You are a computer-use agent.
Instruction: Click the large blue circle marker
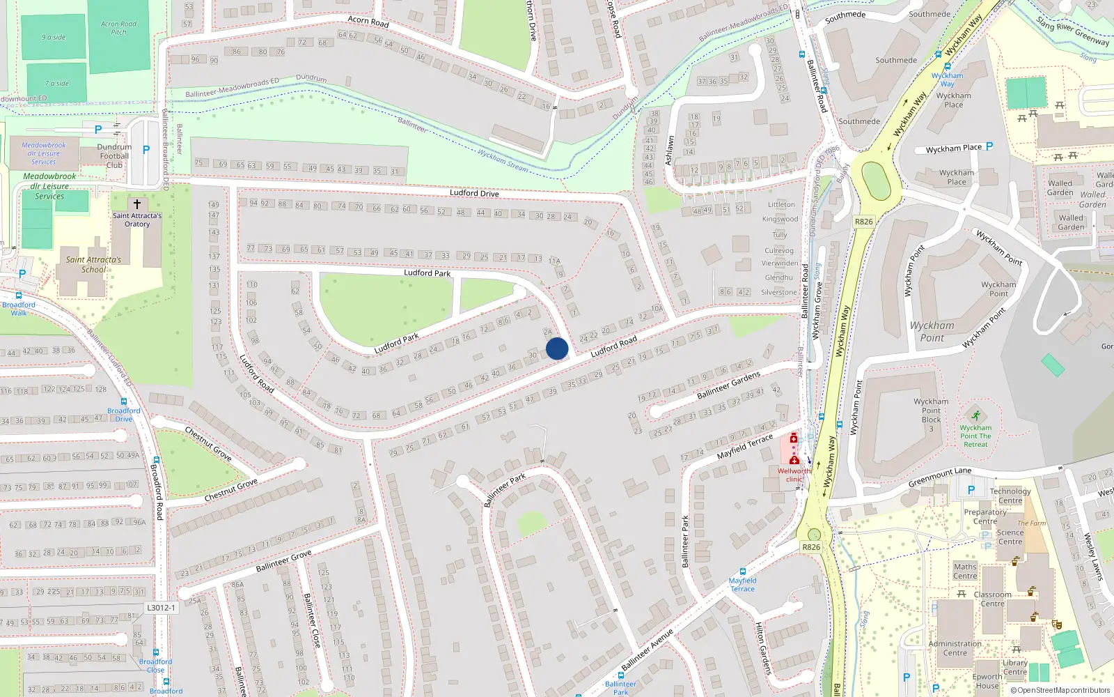(x=557, y=348)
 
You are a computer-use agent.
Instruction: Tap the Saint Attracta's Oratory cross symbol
(x=137, y=204)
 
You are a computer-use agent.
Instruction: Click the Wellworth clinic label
(x=794, y=475)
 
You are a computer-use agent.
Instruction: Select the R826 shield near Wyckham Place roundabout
(x=863, y=222)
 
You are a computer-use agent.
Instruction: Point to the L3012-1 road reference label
(x=162, y=608)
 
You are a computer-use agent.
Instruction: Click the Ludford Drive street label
(x=474, y=193)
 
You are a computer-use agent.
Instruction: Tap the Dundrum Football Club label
(x=114, y=156)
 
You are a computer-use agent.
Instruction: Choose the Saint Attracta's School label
(x=93, y=264)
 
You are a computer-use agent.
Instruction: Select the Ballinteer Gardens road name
(x=728, y=385)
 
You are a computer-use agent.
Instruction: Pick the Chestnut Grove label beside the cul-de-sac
(x=231, y=490)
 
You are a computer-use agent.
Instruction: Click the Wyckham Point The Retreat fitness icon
(x=975, y=416)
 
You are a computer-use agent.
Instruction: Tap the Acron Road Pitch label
(x=118, y=28)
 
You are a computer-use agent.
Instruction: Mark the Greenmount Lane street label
(x=939, y=477)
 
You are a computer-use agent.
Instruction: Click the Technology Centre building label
(x=1010, y=496)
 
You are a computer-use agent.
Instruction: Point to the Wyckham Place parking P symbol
(x=989, y=146)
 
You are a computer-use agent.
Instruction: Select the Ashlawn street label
(x=669, y=151)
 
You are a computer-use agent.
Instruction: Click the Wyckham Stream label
(x=503, y=160)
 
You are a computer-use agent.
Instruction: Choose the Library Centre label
(x=1014, y=667)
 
